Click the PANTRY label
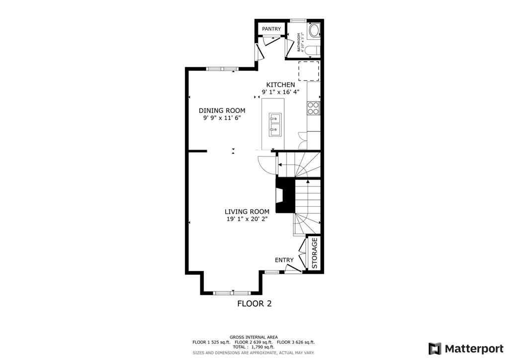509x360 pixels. point(271,29)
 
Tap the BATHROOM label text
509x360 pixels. point(299,43)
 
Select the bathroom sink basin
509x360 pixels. point(314,31)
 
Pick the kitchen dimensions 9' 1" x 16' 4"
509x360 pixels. point(280,92)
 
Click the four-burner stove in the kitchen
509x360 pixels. point(313,108)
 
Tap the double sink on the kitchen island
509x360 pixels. point(275,124)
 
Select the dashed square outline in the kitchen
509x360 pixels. point(308,71)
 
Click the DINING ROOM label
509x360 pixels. point(222,110)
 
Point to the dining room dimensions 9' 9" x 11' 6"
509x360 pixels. point(222,118)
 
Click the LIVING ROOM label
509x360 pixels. point(247,211)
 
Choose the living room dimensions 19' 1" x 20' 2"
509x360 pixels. point(247,219)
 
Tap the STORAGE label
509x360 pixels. point(314,253)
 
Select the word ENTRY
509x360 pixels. point(284,260)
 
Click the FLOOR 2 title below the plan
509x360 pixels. point(254,303)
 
